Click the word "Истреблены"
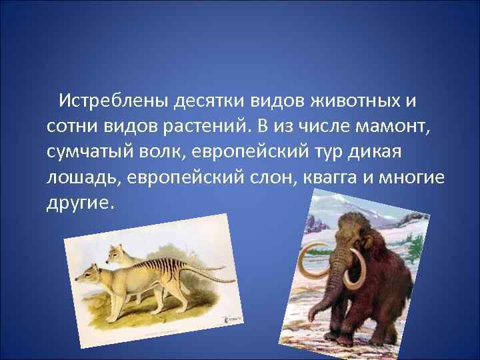pos(113,101)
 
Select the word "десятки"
pos(209,101)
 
